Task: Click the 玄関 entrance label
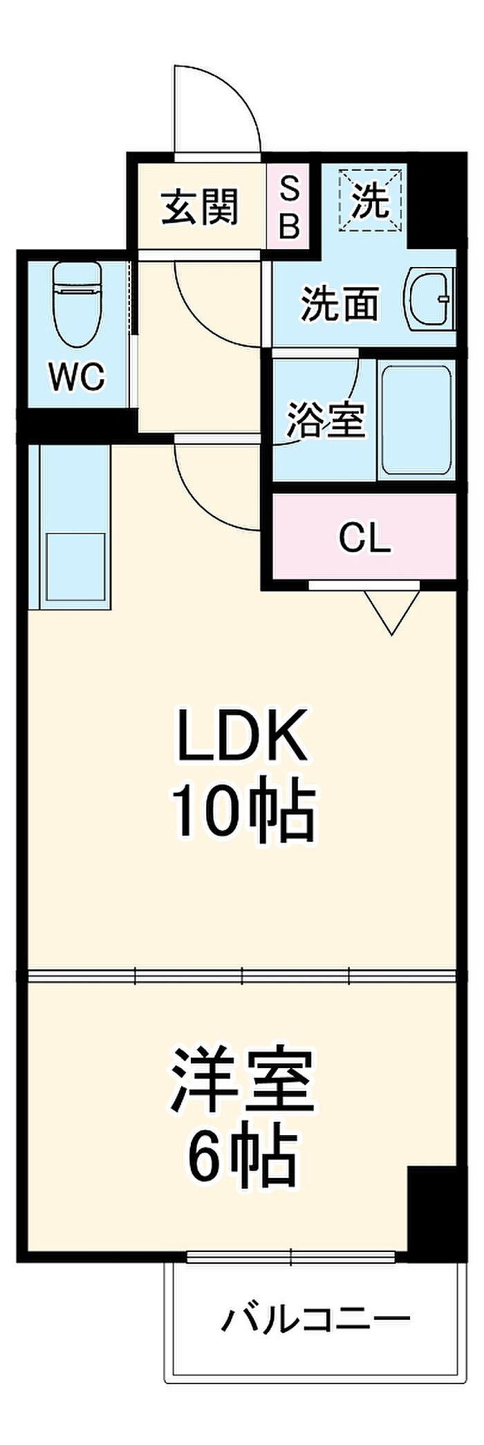(200, 206)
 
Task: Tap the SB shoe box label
(290, 206)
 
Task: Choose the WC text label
(77, 377)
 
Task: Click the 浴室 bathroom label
(326, 419)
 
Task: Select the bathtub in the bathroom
(416, 420)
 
